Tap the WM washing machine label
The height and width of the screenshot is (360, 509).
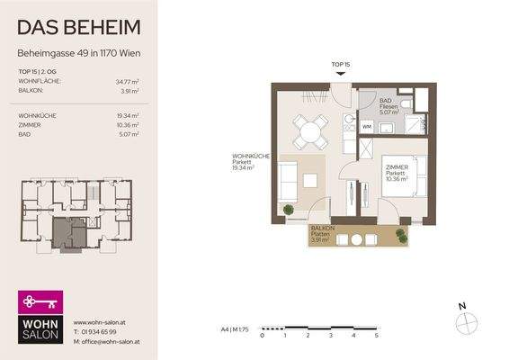366,127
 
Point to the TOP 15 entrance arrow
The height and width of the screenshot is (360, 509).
339,76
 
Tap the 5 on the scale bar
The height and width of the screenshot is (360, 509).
377,334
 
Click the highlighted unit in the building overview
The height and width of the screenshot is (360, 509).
68,234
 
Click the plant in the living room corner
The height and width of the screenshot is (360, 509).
288,211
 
